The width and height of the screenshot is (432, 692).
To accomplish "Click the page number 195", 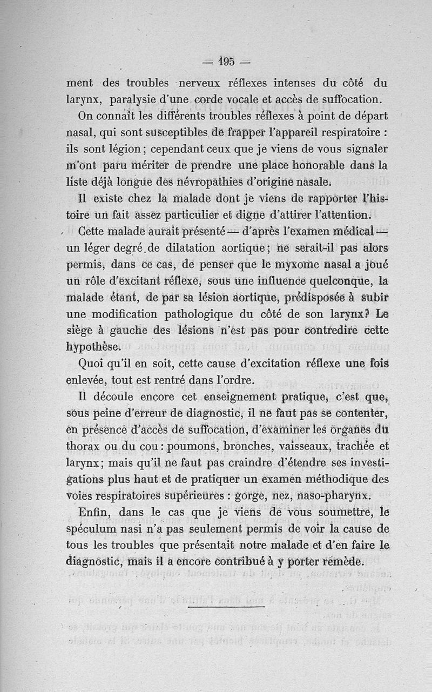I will [226, 61].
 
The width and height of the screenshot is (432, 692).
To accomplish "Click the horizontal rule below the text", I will [226, 606].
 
